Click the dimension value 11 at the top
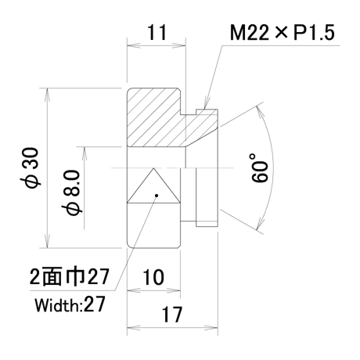tap(157, 32)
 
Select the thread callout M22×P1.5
tap(282, 33)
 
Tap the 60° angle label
tap(259, 167)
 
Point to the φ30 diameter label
tap(31, 167)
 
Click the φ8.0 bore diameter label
tap(72, 193)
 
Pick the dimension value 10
tap(153, 277)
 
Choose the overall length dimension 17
tap(172, 315)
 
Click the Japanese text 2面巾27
tap(69, 276)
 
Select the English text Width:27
tap(70, 304)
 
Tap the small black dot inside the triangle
tap(157, 196)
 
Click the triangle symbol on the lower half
tap(153, 185)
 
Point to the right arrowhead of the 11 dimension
tap(179, 45)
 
